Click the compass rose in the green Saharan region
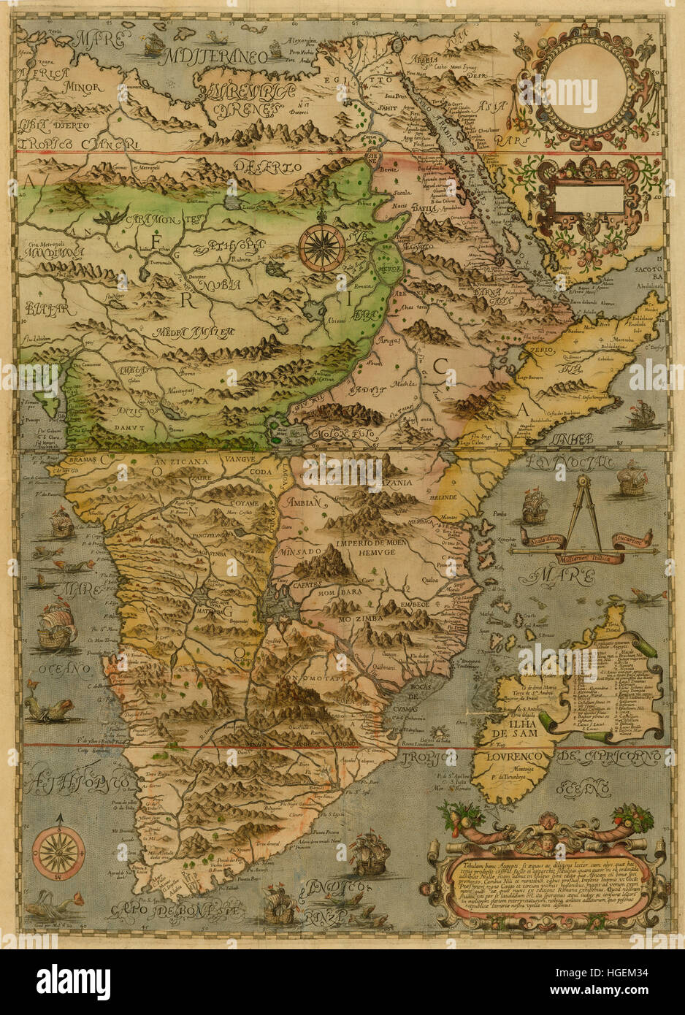[x=322, y=245]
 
